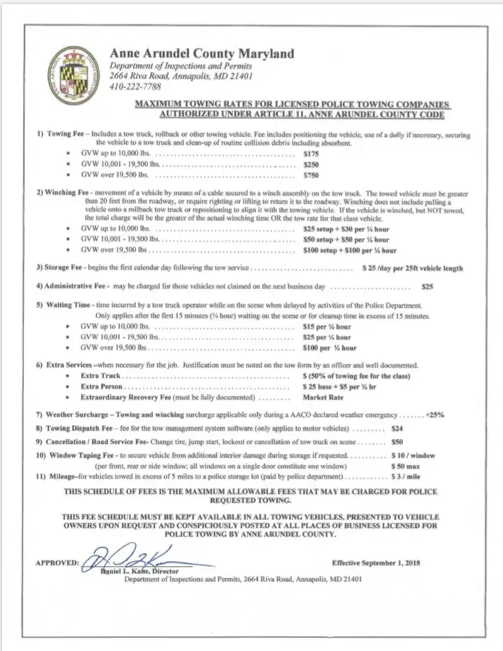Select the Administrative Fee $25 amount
coord(426,287)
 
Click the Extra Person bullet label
coord(102,387)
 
